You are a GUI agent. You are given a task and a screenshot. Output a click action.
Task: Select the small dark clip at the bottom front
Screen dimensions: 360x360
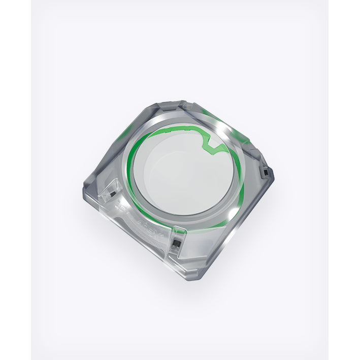coord(176,244)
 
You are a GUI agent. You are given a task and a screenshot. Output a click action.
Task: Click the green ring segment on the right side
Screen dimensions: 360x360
coord(241,188)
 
